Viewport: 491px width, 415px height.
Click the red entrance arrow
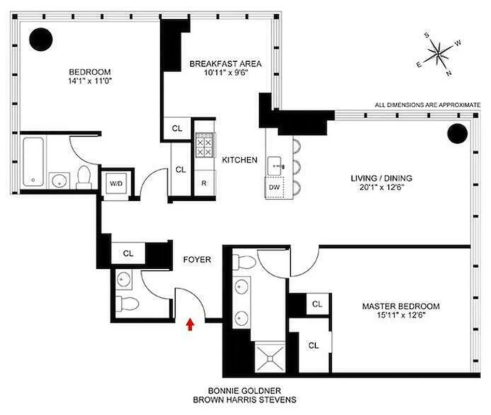(190, 324)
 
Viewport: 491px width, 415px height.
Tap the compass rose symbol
(439, 52)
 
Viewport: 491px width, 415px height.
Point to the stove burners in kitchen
(204, 145)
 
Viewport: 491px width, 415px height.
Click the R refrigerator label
(204, 183)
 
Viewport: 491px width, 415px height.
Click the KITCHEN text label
(240, 160)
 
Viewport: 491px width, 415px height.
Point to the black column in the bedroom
(39, 38)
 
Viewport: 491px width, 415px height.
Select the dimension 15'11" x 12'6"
(400, 315)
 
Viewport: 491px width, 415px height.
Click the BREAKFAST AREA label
(225, 64)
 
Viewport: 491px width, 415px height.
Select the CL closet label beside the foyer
(128, 254)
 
